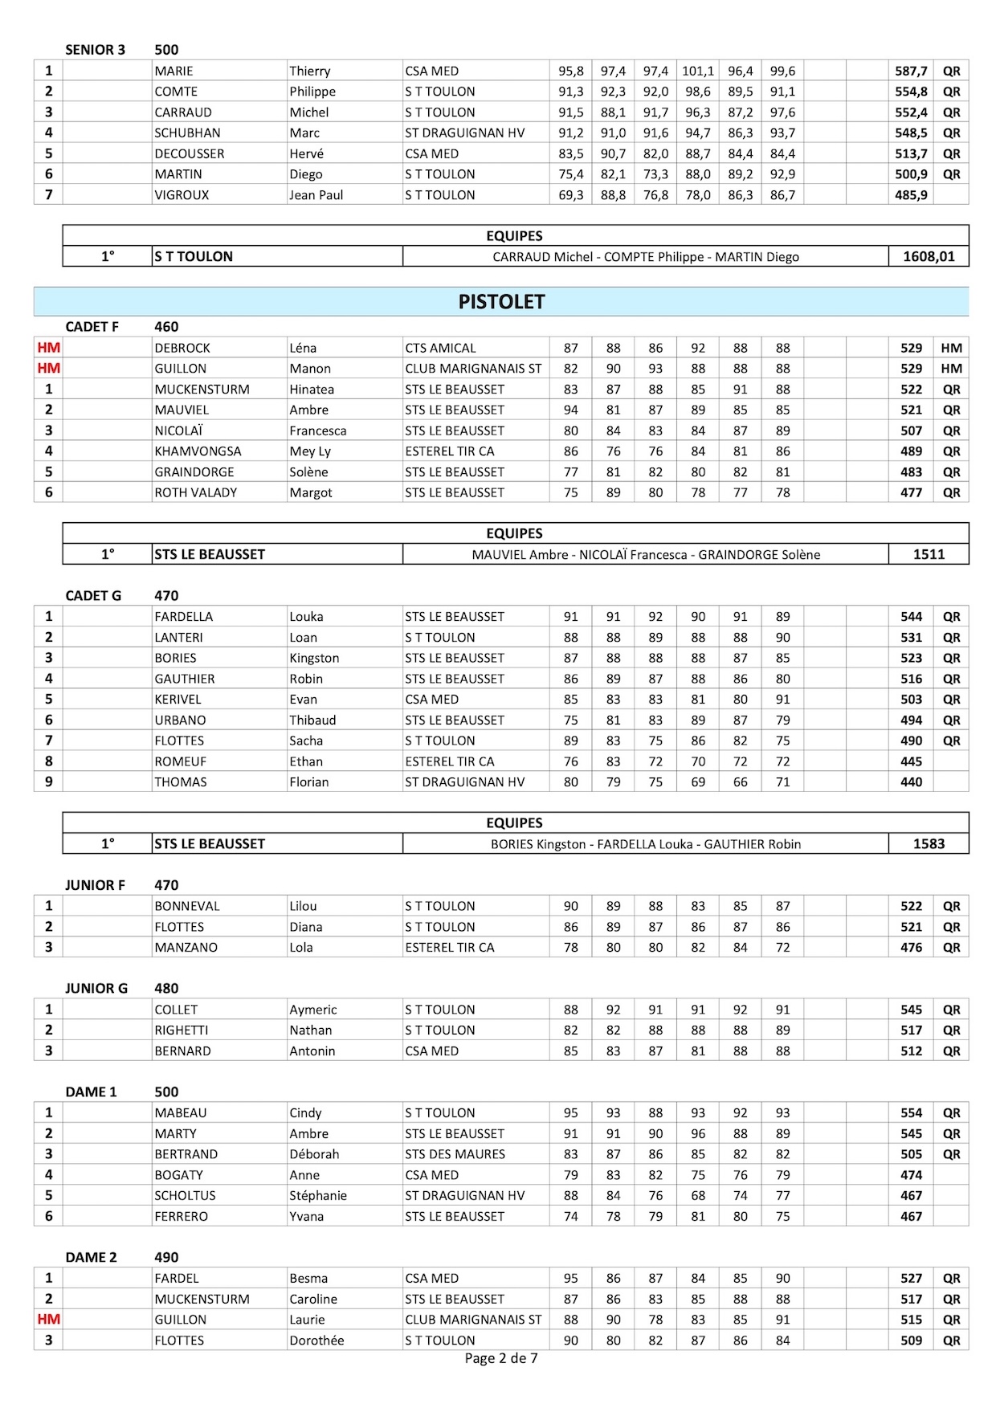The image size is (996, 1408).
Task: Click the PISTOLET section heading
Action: [x=501, y=302]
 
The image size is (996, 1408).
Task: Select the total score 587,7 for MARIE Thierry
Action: [x=911, y=71]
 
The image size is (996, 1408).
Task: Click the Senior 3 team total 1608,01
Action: [x=929, y=257]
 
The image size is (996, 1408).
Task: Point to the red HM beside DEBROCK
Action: [x=48, y=348]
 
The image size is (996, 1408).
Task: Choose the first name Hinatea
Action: [x=312, y=390]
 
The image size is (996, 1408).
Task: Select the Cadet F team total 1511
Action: [x=929, y=554]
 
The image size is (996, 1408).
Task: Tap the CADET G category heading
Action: [x=93, y=596]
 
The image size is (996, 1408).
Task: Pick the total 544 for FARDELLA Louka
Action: [x=911, y=617]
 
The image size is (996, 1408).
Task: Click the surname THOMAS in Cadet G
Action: [x=181, y=782]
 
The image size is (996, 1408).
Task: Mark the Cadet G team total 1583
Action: [x=929, y=844]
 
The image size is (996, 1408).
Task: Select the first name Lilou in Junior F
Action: [x=303, y=906]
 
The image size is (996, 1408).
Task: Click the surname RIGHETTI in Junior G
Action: [x=182, y=1030]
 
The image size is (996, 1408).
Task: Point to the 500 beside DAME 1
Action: [x=166, y=1092]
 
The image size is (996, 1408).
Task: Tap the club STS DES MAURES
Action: [x=455, y=1154]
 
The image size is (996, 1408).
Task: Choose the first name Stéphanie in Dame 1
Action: [x=318, y=1196]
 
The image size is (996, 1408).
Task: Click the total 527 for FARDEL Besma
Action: [x=911, y=1279]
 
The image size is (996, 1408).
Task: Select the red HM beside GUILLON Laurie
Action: [x=48, y=1320]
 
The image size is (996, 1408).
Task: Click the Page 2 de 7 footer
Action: [x=501, y=1358]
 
